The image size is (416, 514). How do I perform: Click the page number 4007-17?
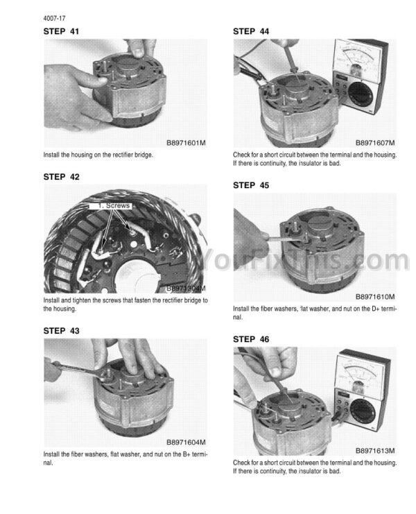pyautogui.click(x=54, y=18)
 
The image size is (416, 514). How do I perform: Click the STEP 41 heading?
pyautogui.click(x=61, y=31)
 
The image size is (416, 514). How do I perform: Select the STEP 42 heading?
pyautogui.click(x=61, y=177)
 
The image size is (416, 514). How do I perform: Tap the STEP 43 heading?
pyautogui.click(x=61, y=331)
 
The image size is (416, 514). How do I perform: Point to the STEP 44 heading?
pyautogui.click(x=251, y=31)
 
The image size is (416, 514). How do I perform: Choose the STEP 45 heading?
pyautogui.click(x=251, y=185)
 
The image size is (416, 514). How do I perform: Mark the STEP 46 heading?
pyautogui.click(x=251, y=339)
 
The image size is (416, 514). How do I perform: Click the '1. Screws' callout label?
pyautogui.click(x=110, y=206)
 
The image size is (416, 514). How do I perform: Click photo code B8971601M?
pyautogui.click(x=186, y=143)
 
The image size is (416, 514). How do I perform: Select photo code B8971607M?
pyautogui.click(x=375, y=143)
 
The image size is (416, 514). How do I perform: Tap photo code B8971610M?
pyautogui.click(x=375, y=297)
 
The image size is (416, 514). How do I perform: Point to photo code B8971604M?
pyautogui.click(x=186, y=443)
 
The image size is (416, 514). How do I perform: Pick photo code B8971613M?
pyautogui.click(x=375, y=451)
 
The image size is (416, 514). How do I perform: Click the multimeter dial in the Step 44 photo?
pyautogui.click(x=361, y=94)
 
